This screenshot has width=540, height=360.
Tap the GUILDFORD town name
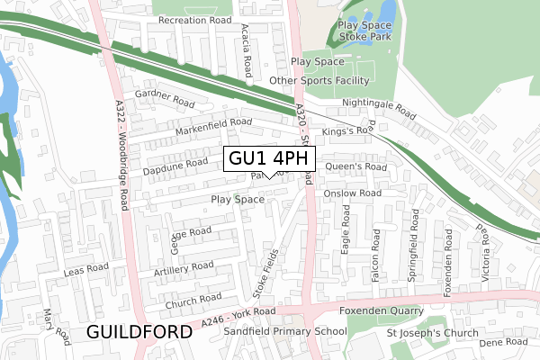point(140,332)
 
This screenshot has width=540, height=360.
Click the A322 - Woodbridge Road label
point(120,145)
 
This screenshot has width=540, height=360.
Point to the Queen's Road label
point(355,166)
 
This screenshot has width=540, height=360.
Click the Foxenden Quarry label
point(380,311)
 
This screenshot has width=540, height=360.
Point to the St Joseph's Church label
point(433,333)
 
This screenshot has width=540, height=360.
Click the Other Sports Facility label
point(319,80)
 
